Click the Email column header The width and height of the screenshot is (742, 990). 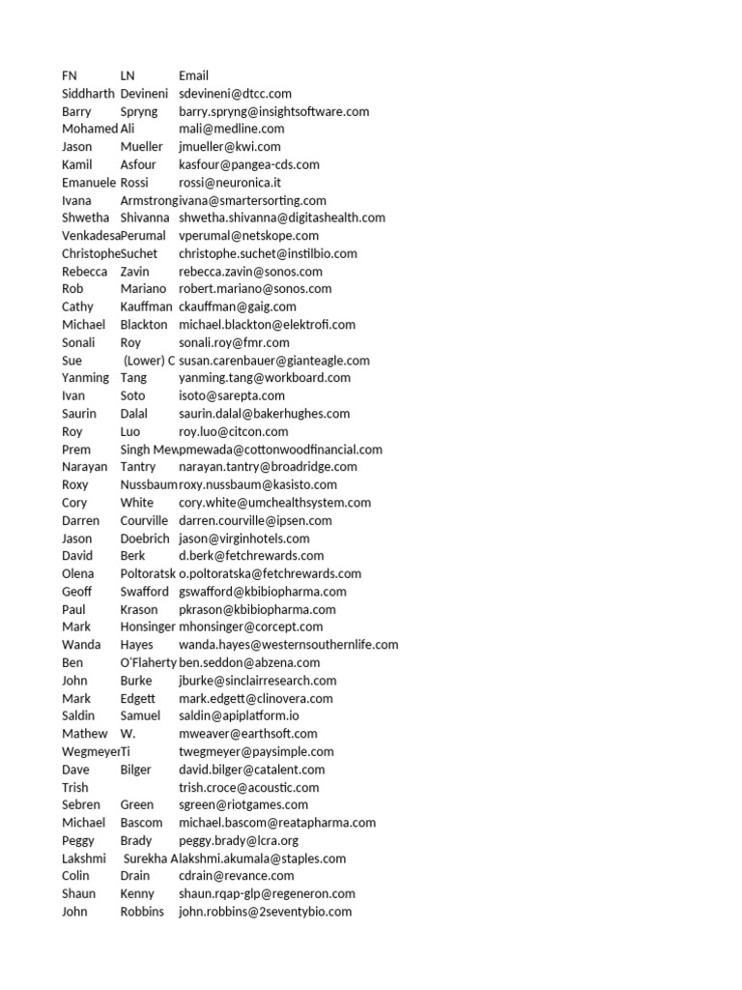193,75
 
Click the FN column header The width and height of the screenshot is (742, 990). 70,75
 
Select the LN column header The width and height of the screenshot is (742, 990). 128,75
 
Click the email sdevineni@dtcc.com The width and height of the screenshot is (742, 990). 235,94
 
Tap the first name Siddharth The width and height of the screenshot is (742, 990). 88,94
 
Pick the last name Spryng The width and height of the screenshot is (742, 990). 138,111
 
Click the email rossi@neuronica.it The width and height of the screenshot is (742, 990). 230,183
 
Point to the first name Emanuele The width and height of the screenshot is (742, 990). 89,183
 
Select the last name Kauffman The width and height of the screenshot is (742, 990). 146,306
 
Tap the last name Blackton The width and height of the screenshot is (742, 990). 144,325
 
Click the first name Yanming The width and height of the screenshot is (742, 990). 85,378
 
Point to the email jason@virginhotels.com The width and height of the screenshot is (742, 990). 244,539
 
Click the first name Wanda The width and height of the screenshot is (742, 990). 80,645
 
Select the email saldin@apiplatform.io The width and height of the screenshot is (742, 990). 240,716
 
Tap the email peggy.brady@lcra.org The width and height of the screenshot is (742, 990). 239,841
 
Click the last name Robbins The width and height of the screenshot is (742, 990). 142,912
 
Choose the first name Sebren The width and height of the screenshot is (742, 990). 81,805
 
